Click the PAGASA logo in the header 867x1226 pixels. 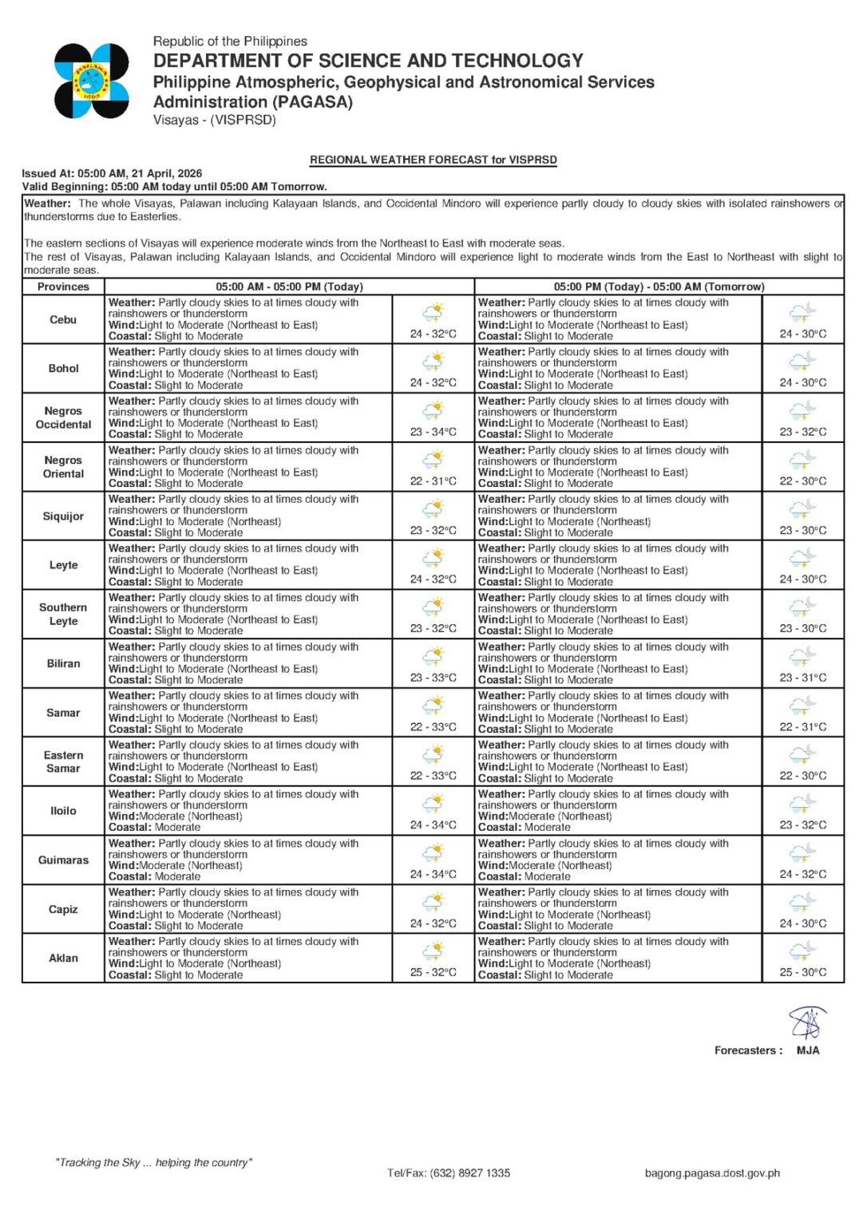point(92,81)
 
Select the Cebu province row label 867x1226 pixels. point(63,320)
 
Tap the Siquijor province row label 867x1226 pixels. point(63,516)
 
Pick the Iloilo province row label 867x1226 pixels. point(63,811)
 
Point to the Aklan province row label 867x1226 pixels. point(63,959)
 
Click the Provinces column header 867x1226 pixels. point(63,287)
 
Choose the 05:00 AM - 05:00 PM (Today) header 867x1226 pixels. point(289,287)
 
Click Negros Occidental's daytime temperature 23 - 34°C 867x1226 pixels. point(433,433)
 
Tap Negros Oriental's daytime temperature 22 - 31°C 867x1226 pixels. point(433,481)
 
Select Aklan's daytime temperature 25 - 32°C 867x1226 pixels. point(433,973)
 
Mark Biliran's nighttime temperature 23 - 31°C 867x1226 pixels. point(803,678)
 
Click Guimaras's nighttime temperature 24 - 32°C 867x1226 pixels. point(803,875)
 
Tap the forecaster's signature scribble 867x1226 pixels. point(807,1023)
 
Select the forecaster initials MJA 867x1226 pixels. point(808,1051)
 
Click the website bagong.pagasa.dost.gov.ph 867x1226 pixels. point(712,1173)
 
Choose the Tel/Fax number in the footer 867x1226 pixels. point(449,1173)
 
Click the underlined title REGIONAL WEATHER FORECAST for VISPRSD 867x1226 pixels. point(433,160)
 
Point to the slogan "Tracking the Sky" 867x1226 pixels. point(153,1163)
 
